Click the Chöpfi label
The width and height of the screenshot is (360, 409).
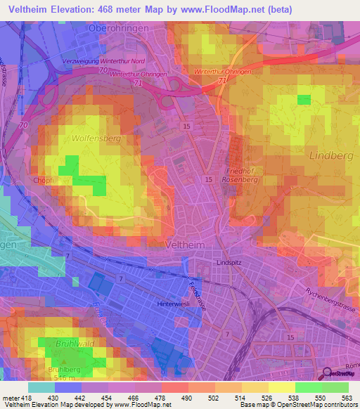coord(44,180)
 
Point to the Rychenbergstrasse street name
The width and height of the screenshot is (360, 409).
coord(332,292)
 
